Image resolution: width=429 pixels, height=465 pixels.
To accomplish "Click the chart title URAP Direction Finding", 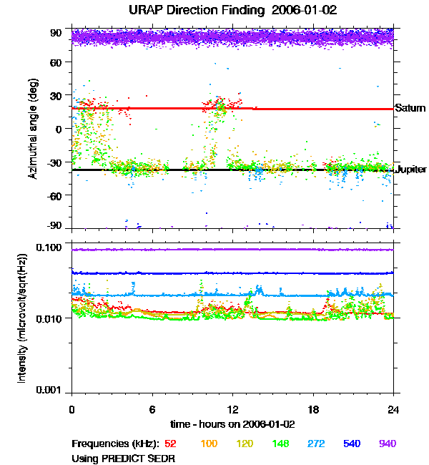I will [x=214, y=11].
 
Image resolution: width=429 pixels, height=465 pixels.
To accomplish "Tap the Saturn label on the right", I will [x=410, y=108].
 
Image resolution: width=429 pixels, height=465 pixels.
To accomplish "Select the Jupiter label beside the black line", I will [x=411, y=170].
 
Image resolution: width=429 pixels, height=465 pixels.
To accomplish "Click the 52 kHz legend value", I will [x=170, y=444].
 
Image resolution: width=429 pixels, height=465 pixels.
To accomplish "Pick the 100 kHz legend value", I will [x=209, y=444].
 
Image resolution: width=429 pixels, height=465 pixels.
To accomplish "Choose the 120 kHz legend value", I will [x=245, y=444].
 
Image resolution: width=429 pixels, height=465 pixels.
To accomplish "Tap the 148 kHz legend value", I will [x=280, y=444].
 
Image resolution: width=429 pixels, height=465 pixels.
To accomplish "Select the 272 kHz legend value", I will [x=315, y=444].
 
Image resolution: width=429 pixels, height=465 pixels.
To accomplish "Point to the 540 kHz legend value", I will [x=351, y=444].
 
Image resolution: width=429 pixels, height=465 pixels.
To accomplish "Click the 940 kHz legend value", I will [x=387, y=444].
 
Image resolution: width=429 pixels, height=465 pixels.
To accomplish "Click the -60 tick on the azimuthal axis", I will [x=54, y=195].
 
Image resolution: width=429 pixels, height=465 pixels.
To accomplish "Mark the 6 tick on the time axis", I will [x=152, y=408].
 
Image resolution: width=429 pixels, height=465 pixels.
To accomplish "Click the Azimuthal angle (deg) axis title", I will [x=32, y=129].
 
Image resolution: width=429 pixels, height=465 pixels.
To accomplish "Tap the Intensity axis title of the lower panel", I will [x=22, y=318].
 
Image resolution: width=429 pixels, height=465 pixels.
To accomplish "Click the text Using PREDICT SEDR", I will [x=123, y=458].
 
